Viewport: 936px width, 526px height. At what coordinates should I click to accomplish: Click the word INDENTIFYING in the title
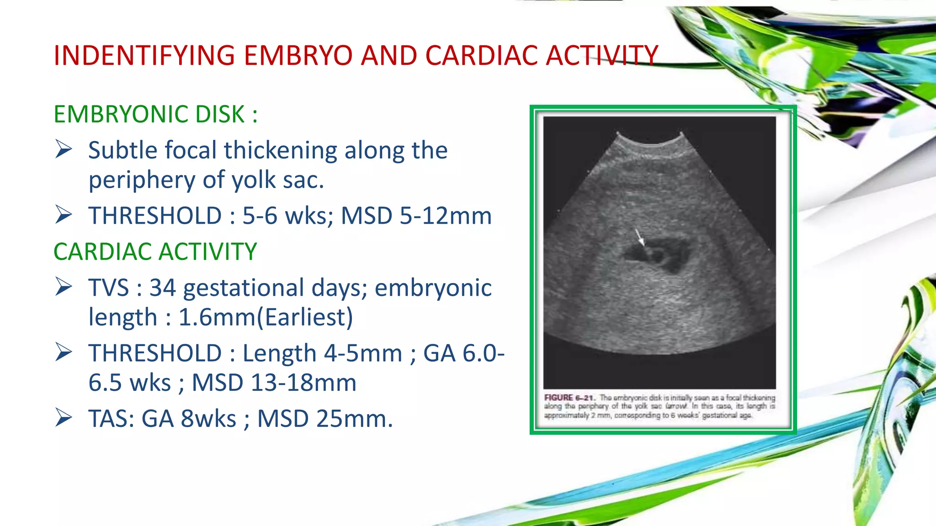[x=144, y=56]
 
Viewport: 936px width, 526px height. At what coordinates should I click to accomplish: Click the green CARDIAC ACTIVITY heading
[x=155, y=252]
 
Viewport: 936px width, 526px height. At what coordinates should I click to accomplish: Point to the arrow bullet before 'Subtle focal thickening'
[x=64, y=150]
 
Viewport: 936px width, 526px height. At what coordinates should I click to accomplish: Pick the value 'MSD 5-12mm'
[x=416, y=216]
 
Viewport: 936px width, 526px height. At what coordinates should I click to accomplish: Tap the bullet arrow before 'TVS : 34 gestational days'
[x=64, y=287]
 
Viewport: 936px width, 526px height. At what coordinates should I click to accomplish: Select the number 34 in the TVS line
[x=163, y=288]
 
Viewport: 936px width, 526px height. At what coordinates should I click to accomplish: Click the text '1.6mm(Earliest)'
[x=266, y=317]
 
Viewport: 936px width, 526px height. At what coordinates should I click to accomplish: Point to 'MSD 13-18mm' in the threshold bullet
[x=274, y=383]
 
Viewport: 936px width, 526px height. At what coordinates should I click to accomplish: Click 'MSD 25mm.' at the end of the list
[x=325, y=419]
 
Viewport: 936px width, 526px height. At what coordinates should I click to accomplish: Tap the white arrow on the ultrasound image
[x=640, y=237]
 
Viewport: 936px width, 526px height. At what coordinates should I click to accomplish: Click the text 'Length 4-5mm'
[x=322, y=353]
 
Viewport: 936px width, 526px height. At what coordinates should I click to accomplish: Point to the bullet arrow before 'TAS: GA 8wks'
[x=64, y=418]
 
